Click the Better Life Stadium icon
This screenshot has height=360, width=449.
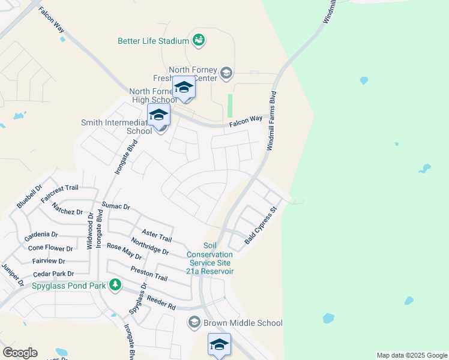199,41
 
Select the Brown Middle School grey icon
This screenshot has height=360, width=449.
194,323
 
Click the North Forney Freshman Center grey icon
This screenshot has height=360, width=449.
226,74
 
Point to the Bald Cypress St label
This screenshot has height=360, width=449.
260,226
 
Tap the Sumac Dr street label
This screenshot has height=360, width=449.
116,206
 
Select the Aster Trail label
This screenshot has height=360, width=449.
157,235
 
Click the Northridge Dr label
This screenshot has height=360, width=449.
149,247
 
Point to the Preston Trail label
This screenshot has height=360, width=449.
148,274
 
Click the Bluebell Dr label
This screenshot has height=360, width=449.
29,196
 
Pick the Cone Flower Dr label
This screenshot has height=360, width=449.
50,248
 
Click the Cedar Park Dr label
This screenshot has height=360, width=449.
54,274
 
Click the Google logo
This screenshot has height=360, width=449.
20,353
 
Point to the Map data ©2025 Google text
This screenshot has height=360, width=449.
411,355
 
